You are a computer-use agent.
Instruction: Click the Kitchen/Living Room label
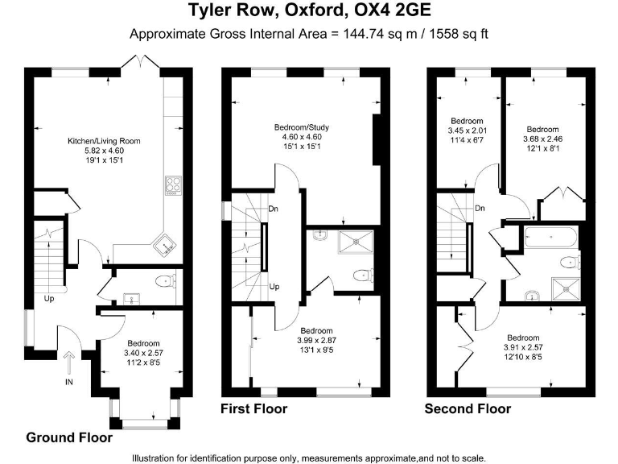(104, 141)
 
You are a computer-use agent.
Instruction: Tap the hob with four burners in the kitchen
(173, 185)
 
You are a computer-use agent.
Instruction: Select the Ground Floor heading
(69, 438)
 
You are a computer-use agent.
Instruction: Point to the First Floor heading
(253, 409)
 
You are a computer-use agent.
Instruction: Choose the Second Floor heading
(468, 409)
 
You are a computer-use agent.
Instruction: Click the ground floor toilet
(165, 281)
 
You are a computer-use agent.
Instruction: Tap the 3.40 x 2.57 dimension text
(143, 352)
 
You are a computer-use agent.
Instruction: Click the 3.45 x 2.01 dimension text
(467, 130)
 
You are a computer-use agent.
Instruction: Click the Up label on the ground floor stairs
(49, 299)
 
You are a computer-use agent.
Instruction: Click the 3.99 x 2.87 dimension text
(316, 341)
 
